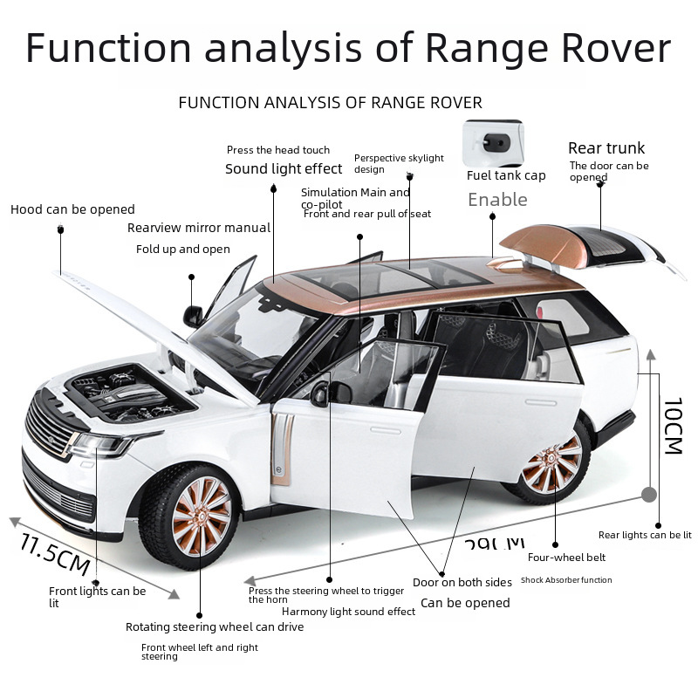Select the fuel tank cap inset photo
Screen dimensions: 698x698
click(x=493, y=143)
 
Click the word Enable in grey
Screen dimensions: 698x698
click(x=497, y=200)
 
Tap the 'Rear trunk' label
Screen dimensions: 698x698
click(x=606, y=148)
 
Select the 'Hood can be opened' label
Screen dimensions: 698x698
click(x=72, y=209)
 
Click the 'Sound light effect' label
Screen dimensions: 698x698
click(x=284, y=169)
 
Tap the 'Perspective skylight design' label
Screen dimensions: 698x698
click(x=399, y=163)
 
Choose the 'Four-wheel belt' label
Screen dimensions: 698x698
click(x=566, y=558)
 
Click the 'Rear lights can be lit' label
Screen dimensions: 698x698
click(x=645, y=535)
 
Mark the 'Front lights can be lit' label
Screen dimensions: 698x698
click(x=97, y=597)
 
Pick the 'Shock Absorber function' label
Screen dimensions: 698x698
click(x=566, y=580)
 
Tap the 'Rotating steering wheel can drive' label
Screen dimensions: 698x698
click(x=215, y=626)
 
